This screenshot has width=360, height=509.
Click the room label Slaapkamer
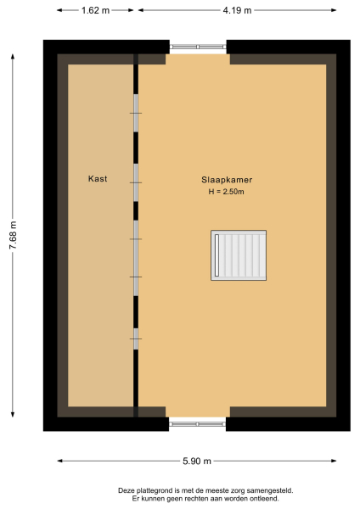tap(227, 180)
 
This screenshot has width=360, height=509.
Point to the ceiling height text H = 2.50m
tap(227, 192)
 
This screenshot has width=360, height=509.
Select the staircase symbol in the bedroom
tap(239, 255)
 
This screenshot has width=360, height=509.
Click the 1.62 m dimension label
tap(95, 11)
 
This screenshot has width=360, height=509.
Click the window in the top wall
tap(198, 47)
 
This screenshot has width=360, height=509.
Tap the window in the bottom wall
tap(197, 422)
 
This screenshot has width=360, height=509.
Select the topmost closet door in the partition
tap(135, 113)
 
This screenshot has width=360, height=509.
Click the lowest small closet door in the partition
tap(135, 338)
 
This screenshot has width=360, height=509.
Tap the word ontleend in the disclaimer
tap(262, 499)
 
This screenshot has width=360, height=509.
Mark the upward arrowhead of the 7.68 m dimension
tap(12, 53)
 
